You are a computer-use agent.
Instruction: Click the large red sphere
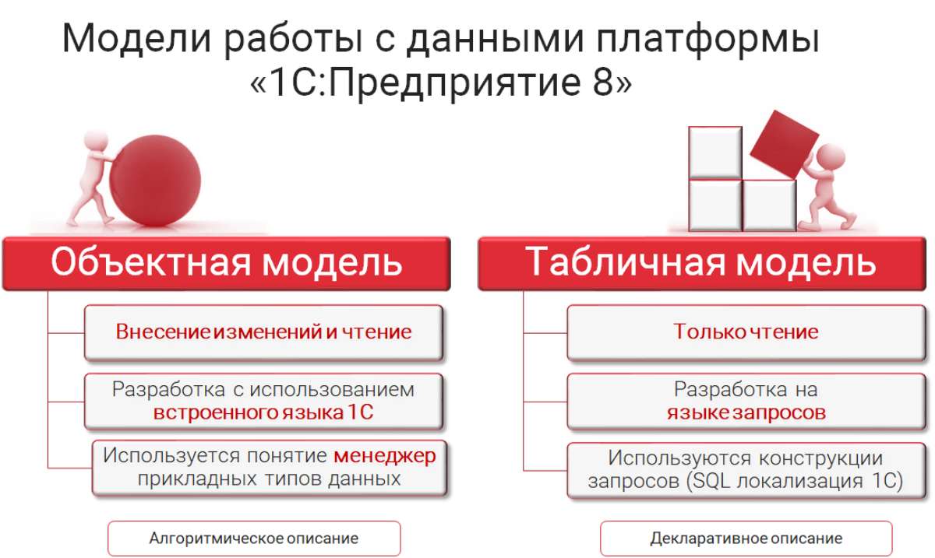click(155, 181)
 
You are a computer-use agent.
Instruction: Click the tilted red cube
click(785, 144)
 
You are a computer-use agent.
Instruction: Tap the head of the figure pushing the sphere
click(96, 140)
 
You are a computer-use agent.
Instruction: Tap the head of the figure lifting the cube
click(831, 158)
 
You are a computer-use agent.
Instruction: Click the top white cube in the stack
click(715, 153)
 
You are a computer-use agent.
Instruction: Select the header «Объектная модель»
click(227, 263)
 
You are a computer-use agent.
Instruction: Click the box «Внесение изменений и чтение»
click(264, 333)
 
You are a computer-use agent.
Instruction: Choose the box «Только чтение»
click(746, 333)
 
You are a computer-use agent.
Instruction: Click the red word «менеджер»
click(384, 455)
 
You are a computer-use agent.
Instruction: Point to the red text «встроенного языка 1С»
click(263, 413)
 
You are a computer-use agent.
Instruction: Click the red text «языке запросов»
click(746, 413)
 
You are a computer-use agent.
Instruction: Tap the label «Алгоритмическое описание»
click(254, 539)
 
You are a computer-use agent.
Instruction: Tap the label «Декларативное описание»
click(746, 539)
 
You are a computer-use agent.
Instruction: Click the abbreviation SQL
click(711, 481)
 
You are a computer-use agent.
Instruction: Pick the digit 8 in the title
click(602, 82)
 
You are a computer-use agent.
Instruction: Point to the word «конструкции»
click(820, 458)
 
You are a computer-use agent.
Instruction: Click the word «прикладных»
click(197, 479)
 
